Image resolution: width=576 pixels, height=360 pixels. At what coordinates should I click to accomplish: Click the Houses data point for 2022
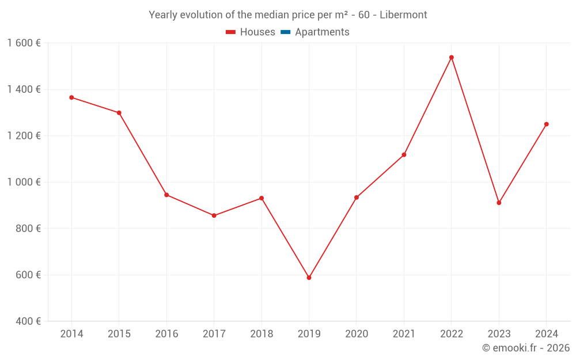(x=452, y=58)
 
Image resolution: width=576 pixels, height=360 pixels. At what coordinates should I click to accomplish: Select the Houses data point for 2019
(x=309, y=278)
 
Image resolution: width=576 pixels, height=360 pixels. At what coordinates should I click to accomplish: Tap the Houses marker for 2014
(x=71, y=97)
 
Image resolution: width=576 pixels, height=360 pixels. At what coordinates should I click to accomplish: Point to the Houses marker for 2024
(x=547, y=124)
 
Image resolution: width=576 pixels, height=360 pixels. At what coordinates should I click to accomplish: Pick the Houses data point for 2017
(x=214, y=215)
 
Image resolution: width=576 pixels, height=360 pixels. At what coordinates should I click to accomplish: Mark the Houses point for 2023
(x=499, y=203)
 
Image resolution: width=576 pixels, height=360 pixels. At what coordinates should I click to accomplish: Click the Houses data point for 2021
(x=404, y=155)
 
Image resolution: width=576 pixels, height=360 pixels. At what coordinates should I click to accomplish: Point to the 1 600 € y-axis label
(x=24, y=43)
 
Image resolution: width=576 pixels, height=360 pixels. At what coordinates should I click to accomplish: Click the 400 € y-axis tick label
(x=28, y=321)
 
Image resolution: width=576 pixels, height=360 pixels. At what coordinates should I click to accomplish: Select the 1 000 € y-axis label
(x=24, y=182)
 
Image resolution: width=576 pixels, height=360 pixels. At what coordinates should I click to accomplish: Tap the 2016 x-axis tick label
(x=166, y=334)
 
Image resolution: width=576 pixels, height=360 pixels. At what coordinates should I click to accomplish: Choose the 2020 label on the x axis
(x=357, y=334)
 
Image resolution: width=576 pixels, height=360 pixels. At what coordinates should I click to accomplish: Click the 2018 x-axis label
(x=262, y=334)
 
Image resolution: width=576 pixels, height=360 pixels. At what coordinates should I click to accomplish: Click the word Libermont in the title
(x=403, y=15)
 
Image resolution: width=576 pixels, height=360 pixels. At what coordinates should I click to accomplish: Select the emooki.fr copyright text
(x=526, y=348)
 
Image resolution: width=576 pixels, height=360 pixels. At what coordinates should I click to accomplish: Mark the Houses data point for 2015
(x=119, y=113)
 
